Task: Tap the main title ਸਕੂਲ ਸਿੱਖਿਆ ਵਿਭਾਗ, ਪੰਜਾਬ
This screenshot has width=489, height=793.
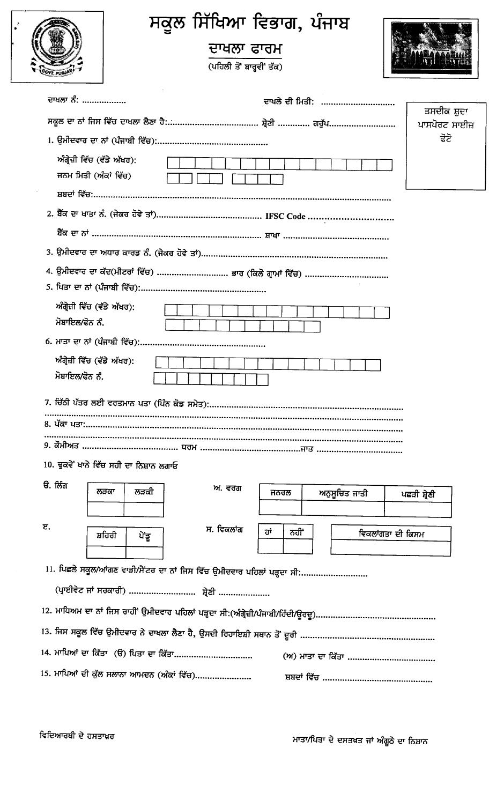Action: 249,24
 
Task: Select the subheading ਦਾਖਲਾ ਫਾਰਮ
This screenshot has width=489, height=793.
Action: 245,50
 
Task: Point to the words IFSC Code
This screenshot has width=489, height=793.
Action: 285,217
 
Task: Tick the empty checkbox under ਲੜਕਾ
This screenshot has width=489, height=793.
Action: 106,509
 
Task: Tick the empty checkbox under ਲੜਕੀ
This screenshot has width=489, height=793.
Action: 144,509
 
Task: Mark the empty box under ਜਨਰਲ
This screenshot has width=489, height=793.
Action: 280,507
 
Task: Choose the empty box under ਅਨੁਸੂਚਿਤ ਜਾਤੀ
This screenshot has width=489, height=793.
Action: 343,507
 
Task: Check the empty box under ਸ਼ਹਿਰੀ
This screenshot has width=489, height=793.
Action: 106,551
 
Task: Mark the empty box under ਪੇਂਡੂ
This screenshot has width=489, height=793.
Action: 144,551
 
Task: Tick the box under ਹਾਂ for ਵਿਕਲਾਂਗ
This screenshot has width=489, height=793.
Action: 270,546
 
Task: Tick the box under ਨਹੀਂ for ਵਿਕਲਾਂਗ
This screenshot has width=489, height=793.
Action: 298,546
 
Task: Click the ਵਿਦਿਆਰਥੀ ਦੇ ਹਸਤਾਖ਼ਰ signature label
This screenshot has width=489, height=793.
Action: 77,736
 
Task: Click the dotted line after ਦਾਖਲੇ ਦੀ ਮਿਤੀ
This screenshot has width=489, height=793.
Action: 358,102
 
